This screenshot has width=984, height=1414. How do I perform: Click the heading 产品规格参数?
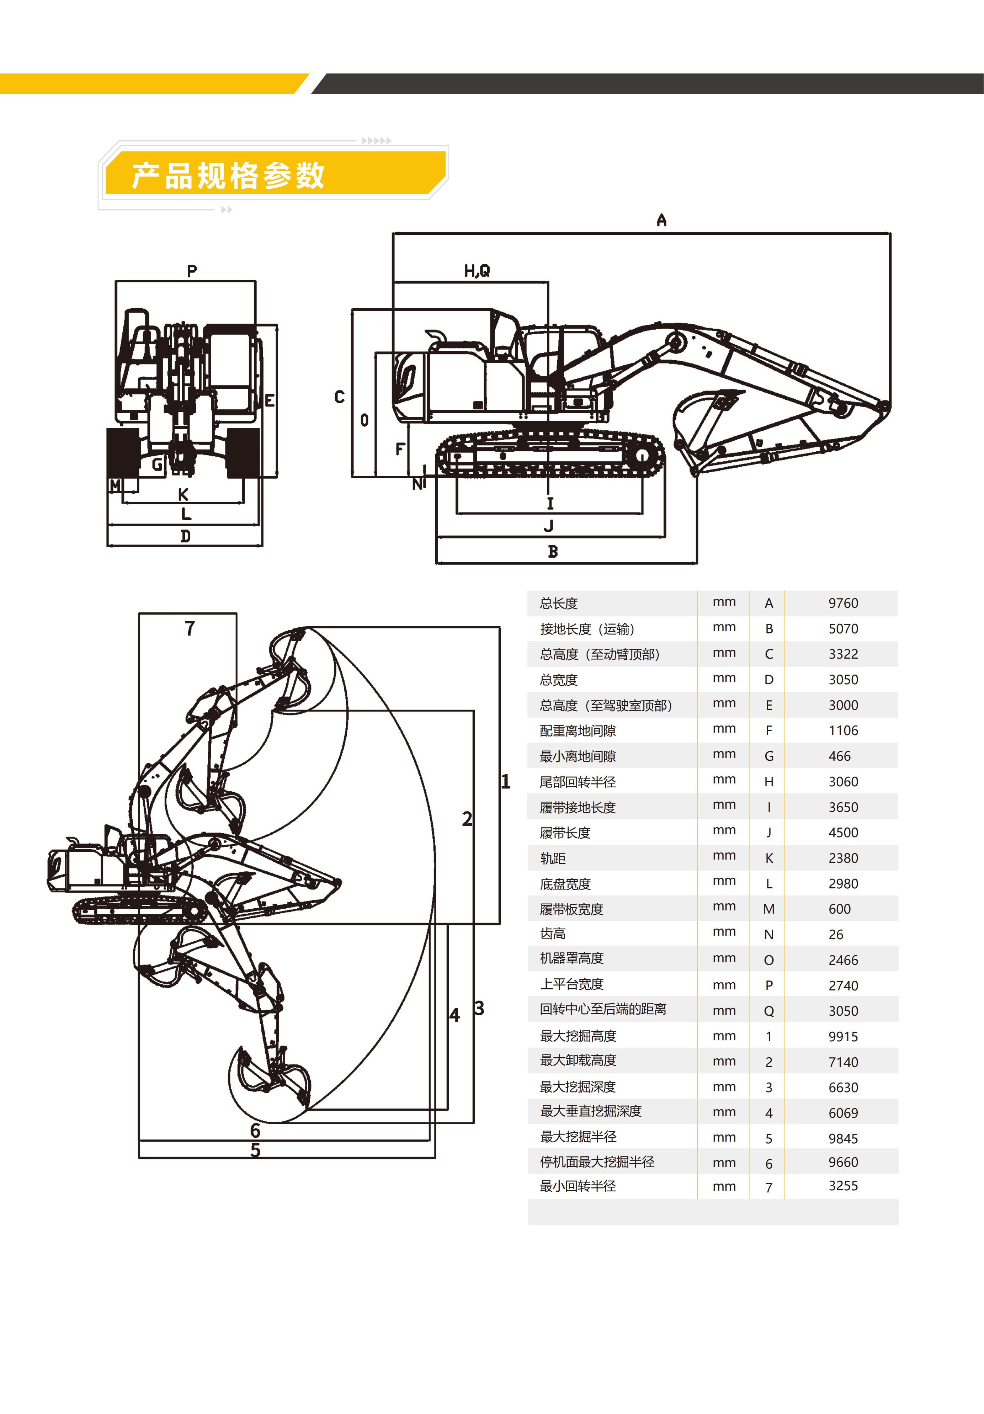[228, 176]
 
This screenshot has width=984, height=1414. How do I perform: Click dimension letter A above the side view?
[661, 220]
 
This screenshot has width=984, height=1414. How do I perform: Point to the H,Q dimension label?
[477, 270]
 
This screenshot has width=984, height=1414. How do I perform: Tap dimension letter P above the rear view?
[192, 271]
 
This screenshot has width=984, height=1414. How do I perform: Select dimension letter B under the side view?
[553, 552]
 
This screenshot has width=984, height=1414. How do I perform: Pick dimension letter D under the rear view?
[185, 536]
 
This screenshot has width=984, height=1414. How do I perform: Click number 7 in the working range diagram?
[190, 628]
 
